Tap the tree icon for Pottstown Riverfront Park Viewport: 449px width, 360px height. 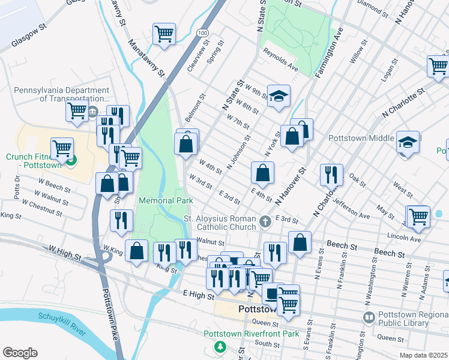pyautogui.click(x=221, y=347)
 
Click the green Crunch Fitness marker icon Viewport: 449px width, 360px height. pyautogui.click(x=71, y=161)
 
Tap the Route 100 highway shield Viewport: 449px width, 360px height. pyautogui.click(x=203, y=32)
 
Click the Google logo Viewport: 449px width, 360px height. pyautogui.click(x=20, y=353)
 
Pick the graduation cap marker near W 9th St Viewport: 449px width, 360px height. pyautogui.click(x=279, y=97)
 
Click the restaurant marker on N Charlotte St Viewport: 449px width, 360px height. pyautogui.click(x=331, y=175)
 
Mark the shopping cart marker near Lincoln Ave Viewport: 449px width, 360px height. pyautogui.click(x=418, y=217)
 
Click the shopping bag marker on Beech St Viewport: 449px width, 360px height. pyautogui.click(x=300, y=242)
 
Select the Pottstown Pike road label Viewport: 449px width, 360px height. pyautogui.click(x=112, y=308)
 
